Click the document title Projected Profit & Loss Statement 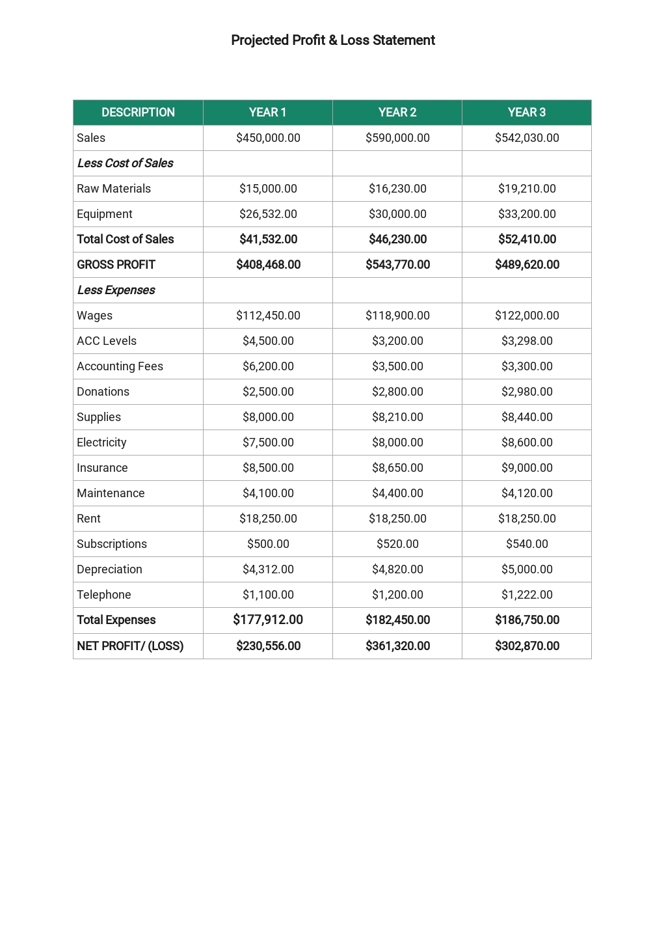333,40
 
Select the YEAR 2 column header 397,113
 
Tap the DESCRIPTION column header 138,113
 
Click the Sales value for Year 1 268,138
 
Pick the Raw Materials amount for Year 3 527,189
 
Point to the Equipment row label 105,214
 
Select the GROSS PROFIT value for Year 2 397,265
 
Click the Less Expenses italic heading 116,290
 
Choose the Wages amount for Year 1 268,316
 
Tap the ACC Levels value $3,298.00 527,341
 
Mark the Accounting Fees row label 120,366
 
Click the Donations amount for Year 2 397,392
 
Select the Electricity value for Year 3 527,443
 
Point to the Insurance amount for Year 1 268,468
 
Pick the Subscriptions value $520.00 397,544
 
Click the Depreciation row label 109,569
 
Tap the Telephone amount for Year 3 527,595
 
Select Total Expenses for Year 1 268,620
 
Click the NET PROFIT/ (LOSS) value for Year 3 527,646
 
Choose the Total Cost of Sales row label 126,239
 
